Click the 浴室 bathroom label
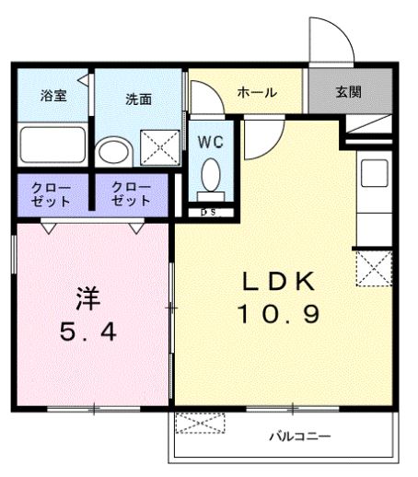click(52, 96)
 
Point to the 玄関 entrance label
click(348, 92)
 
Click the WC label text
click(212, 143)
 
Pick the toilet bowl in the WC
click(212, 173)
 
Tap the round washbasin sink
click(115, 153)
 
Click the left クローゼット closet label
click(52, 193)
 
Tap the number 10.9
click(279, 314)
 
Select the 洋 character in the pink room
click(88, 298)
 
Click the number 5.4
click(88, 332)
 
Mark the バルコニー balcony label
click(299, 436)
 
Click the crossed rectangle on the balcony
click(200, 425)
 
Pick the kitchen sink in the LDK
click(374, 174)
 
